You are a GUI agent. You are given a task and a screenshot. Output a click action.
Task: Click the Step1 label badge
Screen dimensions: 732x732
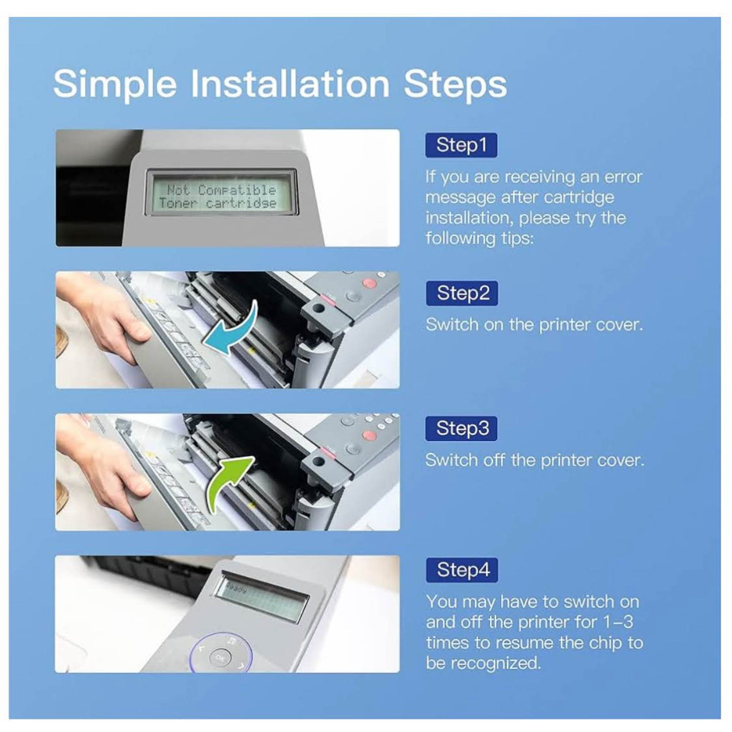pos(461,145)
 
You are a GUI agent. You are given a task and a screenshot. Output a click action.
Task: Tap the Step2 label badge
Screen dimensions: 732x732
pos(462,293)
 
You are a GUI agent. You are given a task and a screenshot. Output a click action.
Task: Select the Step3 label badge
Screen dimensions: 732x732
pos(461,429)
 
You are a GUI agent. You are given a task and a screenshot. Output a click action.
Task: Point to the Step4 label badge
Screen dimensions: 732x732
pos(462,570)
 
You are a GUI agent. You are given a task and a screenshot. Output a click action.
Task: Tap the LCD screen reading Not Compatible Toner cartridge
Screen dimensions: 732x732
pos(220,196)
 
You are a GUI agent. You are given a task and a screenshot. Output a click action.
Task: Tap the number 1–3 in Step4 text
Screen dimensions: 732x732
pos(618,622)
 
